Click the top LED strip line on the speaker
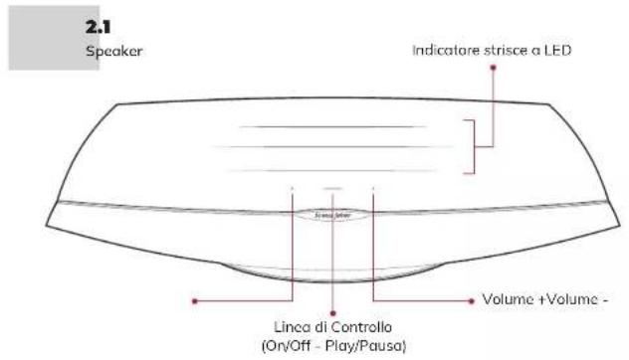pyautogui.click(x=331, y=127)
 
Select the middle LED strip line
pyautogui.click(x=331, y=148)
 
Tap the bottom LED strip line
pyautogui.click(x=331, y=170)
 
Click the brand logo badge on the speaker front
pyautogui.click(x=331, y=211)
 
